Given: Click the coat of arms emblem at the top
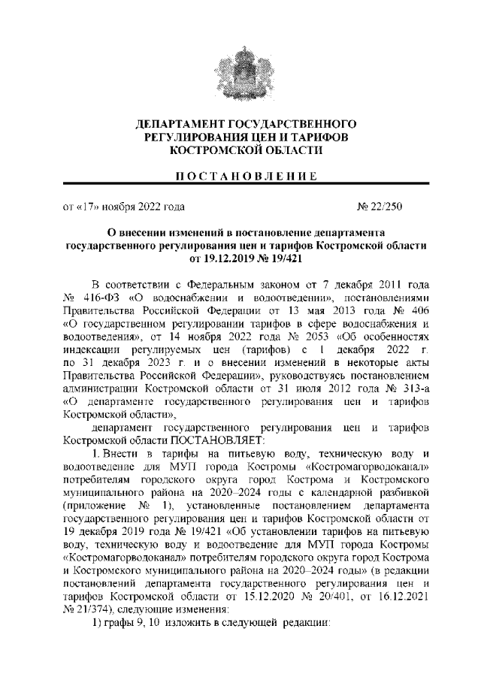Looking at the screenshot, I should (240, 71).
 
